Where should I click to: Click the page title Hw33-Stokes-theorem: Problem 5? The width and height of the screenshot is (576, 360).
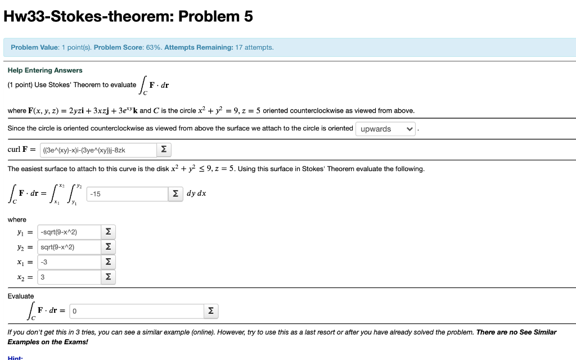tap(128, 17)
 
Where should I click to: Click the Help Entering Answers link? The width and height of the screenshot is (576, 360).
tap(45, 70)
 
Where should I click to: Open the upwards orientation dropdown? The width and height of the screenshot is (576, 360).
tap(386, 129)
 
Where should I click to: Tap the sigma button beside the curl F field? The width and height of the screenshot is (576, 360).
tap(164, 150)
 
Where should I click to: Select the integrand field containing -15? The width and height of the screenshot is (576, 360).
tap(127, 194)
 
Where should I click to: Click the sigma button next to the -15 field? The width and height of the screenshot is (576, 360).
tap(176, 194)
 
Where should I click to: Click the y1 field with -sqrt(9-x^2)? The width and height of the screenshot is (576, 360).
tap(67, 232)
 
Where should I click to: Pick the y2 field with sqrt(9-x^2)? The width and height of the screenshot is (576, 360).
tap(67, 247)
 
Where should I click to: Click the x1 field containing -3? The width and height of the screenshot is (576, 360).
tap(67, 262)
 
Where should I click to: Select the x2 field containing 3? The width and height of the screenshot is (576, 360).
tap(67, 277)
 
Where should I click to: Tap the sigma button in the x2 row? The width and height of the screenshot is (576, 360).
tap(108, 277)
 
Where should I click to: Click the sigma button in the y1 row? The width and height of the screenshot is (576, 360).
tap(108, 232)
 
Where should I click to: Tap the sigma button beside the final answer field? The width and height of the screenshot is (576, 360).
tap(210, 311)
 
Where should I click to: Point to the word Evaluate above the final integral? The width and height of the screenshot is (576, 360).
tap(21, 296)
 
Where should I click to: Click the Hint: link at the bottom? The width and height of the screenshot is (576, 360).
tap(15, 358)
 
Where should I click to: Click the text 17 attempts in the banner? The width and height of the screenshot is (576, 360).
tap(254, 47)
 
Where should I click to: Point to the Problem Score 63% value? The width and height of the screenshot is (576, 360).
tap(152, 47)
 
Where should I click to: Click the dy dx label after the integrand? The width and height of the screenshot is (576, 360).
tap(196, 193)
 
